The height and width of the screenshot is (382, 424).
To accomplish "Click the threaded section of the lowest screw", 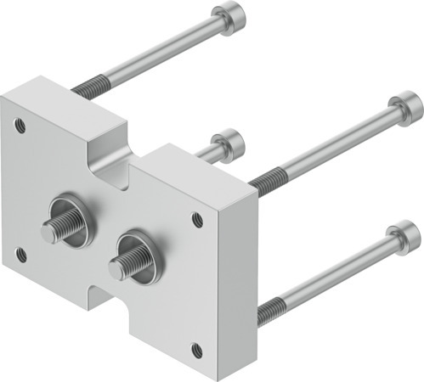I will click(270, 312).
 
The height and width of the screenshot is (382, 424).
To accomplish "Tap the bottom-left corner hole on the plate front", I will click(21, 254).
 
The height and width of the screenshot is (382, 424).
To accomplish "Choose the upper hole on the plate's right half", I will click(197, 218).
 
